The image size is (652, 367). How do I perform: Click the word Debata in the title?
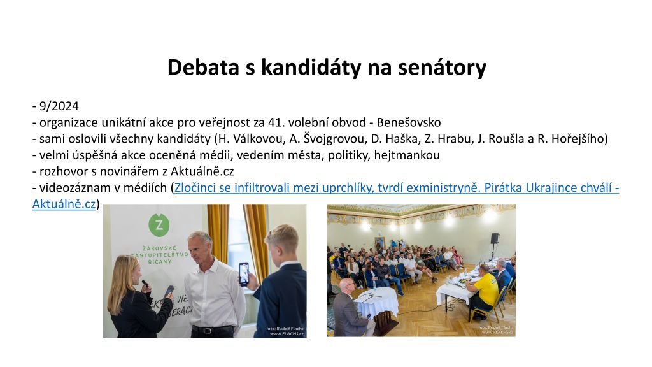pyautogui.click(x=203, y=67)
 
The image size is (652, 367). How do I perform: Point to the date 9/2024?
pyautogui.click(x=59, y=106)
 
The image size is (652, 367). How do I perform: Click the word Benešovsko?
pyautogui.click(x=409, y=123)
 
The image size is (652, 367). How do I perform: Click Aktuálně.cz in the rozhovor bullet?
pyautogui.click(x=202, y=171)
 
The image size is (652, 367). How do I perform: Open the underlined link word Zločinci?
pyautogui.click(x=195, y=188)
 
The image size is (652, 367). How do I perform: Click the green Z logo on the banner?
pyautogui.click(x=159, y=226)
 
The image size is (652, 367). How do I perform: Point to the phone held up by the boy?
pyautogui.click(x=244, y=274)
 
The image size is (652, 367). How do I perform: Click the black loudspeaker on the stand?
pyautogui.click(x=494, y=238)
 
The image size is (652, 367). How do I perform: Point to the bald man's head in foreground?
pyautogui.click(x=348, y=287)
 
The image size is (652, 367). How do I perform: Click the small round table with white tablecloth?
pyautogui.click(x=376, y=301)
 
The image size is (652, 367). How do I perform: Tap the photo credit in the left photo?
pyautogui.click(x=285, y=331)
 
